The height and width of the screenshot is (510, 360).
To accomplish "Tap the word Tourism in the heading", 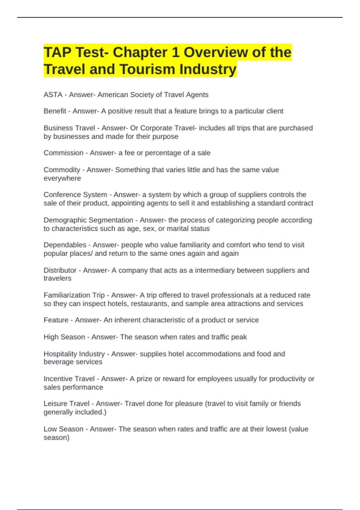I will pos(147,69).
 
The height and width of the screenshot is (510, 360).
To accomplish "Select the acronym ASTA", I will pos(53,95).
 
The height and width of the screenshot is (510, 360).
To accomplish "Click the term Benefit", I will pos(55,111).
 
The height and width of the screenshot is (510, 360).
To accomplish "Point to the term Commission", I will pos(63,153).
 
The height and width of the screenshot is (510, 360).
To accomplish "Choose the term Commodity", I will pos(62,170).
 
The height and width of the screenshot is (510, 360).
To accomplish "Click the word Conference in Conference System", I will pos(59,195).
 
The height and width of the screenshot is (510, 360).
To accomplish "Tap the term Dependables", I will pos(65,245).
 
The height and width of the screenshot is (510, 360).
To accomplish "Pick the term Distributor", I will pos(60,270).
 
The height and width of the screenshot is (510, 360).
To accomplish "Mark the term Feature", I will pos(56,320).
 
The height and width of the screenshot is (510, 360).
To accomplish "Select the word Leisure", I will pos(54,404).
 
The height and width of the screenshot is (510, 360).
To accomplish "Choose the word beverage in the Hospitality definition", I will pos(57,362).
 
